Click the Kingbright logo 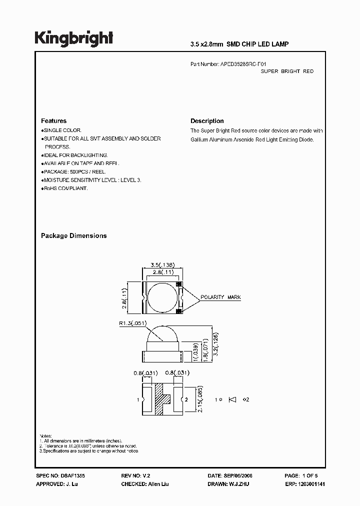[73, 38]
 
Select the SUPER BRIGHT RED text [287, 71]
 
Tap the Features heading [53, 121]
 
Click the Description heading [207, 121]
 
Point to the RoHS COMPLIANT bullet [65, 188]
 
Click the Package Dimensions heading [73, 235]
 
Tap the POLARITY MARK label [220, 297]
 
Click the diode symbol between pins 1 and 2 [232, 399]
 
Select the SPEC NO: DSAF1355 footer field [57, 477]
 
